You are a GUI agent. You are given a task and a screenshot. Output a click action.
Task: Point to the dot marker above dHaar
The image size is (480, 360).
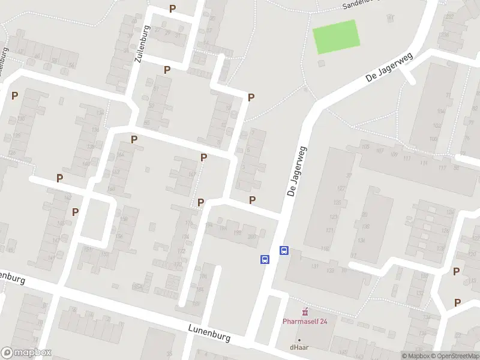point(299,340)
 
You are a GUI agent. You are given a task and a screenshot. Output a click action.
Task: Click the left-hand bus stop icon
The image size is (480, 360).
point(264,259)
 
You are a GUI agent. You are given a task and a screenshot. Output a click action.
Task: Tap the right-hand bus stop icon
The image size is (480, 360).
point(284,251)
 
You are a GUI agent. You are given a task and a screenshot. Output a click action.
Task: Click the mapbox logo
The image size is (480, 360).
point(26,353)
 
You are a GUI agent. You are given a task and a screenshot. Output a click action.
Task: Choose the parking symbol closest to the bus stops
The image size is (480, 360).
point(253,200)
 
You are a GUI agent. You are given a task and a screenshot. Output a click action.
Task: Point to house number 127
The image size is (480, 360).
point(341,188)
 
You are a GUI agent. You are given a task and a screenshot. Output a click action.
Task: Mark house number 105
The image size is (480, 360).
point(365,146)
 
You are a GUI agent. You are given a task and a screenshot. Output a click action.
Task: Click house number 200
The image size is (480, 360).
point(251,236)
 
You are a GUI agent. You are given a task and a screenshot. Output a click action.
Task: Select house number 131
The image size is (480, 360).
point(314,266)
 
